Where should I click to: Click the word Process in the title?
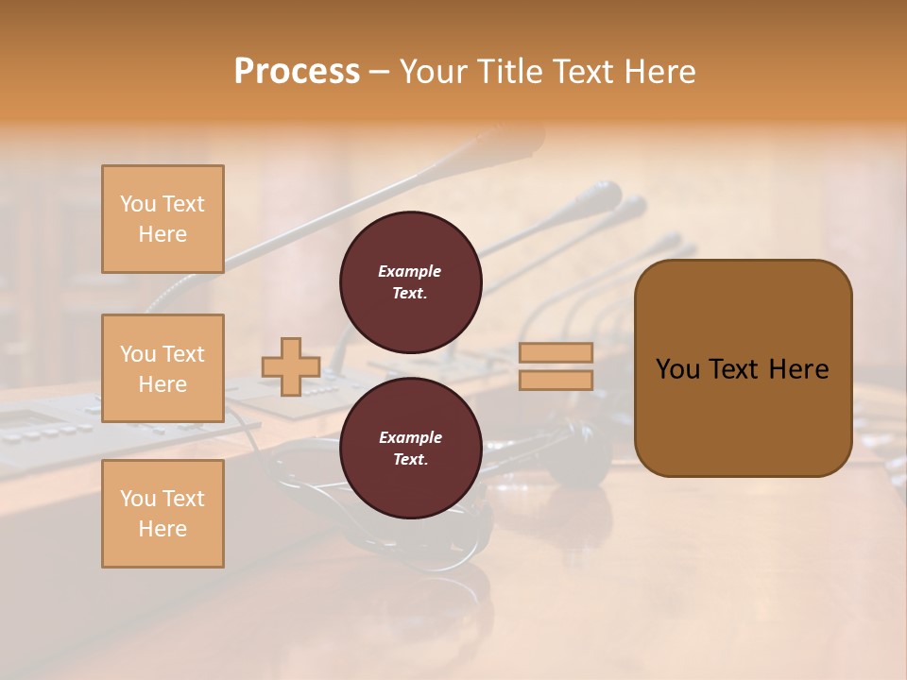click(297, 72)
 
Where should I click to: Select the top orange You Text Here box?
click(163, 219)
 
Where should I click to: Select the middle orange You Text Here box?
click(163, 368)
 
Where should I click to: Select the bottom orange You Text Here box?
click(163, 514)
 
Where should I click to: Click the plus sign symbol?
click(291, 366)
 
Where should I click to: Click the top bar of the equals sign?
click(556, 352)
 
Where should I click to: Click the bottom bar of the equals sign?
click(556, 380)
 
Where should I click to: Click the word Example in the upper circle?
click(409, 271)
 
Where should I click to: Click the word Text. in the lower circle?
click(410, 459)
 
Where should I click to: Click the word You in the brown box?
click(678, 369)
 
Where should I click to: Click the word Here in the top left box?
click(163, 234)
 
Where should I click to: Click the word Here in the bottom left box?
click(163, 529)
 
